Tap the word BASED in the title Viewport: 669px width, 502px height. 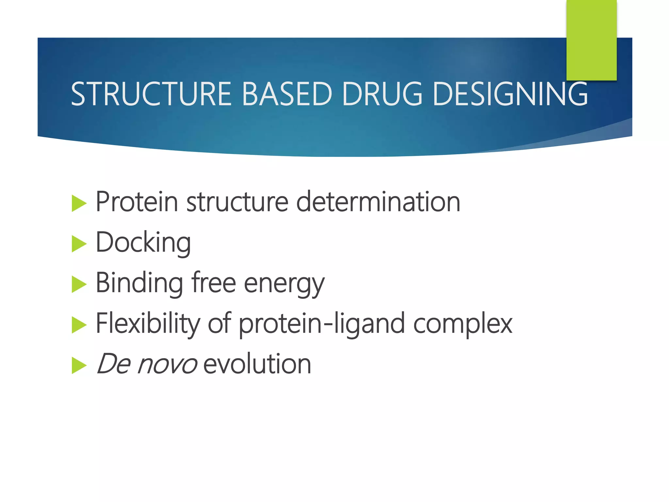287,94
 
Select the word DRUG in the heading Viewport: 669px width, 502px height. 383,94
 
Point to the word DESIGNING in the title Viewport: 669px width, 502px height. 510,94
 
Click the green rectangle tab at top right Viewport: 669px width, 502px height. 591,39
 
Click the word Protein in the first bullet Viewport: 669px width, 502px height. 137,202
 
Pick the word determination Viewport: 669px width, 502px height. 378,202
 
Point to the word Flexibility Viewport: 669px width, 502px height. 148,324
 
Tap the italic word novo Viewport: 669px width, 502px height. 167,364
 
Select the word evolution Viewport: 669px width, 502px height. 257,364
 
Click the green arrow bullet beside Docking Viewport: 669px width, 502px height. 79,244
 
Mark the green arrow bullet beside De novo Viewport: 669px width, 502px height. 79,365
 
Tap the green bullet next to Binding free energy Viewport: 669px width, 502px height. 79,284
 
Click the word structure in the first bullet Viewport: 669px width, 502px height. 237,202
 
